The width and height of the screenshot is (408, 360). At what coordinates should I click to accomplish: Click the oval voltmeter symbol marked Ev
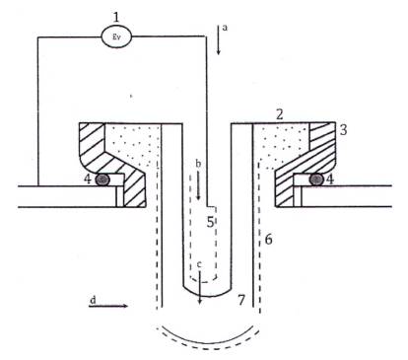(x=116, y=36)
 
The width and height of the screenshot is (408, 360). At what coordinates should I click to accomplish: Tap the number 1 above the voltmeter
(x=115, y=17)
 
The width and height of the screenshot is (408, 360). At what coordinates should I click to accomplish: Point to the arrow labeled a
(x=218, y=39)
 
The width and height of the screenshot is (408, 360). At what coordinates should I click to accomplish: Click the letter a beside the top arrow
(x=225, y=28)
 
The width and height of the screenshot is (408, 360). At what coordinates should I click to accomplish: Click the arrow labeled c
(x=200, y=288)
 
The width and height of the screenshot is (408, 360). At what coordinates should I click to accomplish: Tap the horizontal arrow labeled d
(x=108, y=306)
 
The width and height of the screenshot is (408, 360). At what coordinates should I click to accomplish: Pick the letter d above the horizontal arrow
(x=94, y=300)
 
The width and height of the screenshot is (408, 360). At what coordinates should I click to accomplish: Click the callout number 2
(x=279, y=114)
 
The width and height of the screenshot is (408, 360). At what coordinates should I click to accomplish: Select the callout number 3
(x=343, y=130)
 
